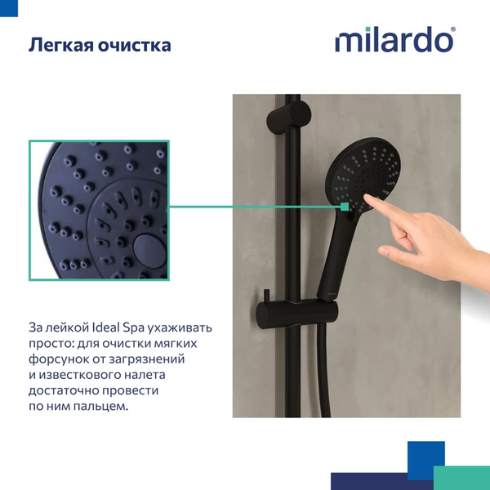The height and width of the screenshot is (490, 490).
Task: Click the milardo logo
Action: (394, 40)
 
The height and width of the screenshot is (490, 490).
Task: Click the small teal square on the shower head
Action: (345, 207)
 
